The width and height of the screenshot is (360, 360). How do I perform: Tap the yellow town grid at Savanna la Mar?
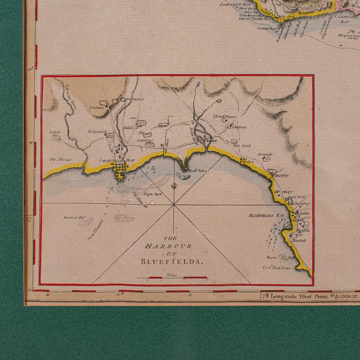120,169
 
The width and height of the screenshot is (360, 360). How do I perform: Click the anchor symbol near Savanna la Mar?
151,167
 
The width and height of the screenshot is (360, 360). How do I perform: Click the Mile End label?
241,145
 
